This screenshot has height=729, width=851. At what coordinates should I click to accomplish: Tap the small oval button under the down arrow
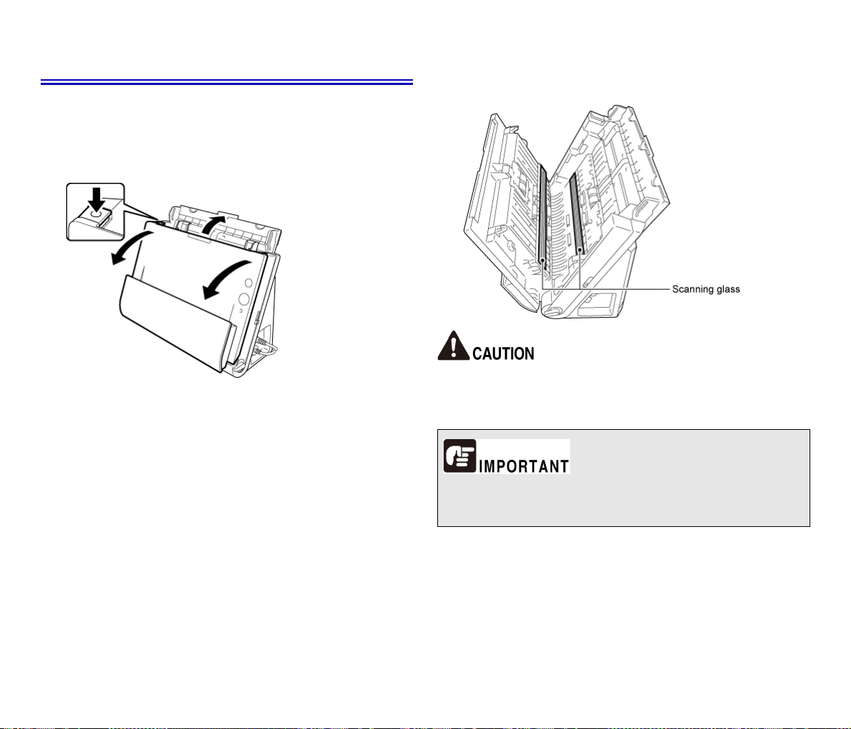(96, 214)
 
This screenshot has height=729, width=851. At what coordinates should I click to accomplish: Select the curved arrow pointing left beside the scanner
(129, 247)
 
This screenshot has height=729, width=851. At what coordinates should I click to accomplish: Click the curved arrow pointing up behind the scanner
(212, 224)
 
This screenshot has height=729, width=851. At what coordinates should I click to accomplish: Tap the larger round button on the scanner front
(244, 299)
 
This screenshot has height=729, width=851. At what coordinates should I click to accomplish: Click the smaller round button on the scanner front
(249, 283)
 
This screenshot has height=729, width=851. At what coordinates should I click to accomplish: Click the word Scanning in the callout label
(692, 289)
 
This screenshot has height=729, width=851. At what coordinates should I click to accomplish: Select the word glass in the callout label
(727, 289)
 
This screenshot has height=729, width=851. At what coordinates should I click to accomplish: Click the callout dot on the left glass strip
(543, 261)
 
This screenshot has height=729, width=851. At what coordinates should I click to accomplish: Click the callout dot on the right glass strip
(580, 250)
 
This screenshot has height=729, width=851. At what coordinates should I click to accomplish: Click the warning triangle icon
(454, 346)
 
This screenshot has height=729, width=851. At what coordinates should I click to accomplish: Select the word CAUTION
(503, 353)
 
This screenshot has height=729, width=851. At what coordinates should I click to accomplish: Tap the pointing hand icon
(459, 456)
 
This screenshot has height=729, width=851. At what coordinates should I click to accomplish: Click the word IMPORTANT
(524, 466)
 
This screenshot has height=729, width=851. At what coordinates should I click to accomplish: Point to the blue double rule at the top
(227, 82)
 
